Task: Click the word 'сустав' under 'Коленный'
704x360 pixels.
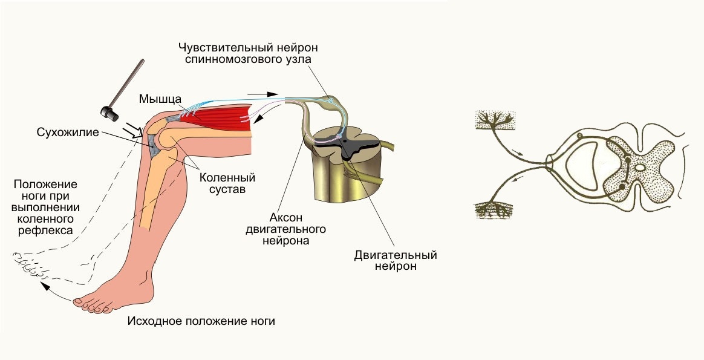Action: click(227, 189)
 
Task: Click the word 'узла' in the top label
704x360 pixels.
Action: click(301, 59)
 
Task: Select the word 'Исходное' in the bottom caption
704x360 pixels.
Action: click(151, 321)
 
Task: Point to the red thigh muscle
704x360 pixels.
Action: click(221, 117)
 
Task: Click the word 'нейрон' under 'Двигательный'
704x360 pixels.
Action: click(395, 266)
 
